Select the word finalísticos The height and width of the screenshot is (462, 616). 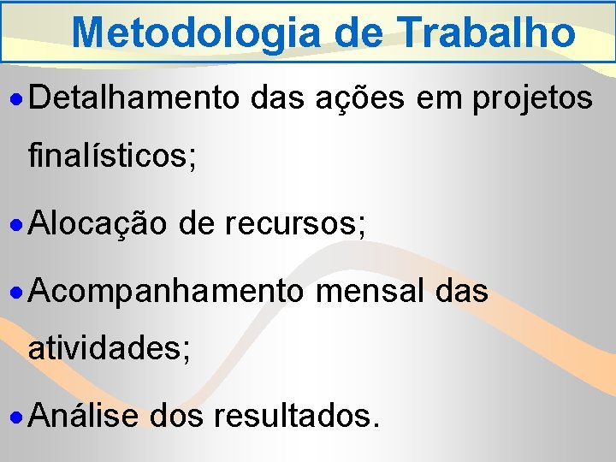pyautogui.click(x=112, y=157)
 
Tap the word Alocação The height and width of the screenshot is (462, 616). pyautogui.click(x=99, y=225)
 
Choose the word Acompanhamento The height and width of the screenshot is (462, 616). pyautogui.click(x=166, y=292)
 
